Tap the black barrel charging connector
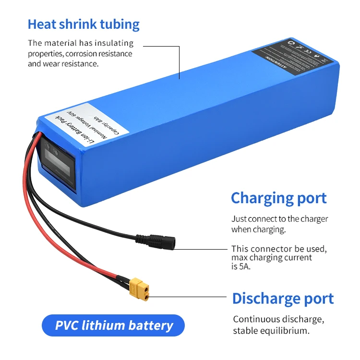coord(161,240)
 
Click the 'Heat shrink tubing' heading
coord(84,24)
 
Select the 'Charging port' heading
coord(278,198)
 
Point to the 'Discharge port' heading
coord(283,298)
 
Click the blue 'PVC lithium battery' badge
coord(114,325)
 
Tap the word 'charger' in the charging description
coord(314,219)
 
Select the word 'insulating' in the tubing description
coord(114,43)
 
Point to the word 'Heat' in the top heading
coord(41,24)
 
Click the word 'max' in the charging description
coord(239,258)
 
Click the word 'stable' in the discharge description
coord(244,331)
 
